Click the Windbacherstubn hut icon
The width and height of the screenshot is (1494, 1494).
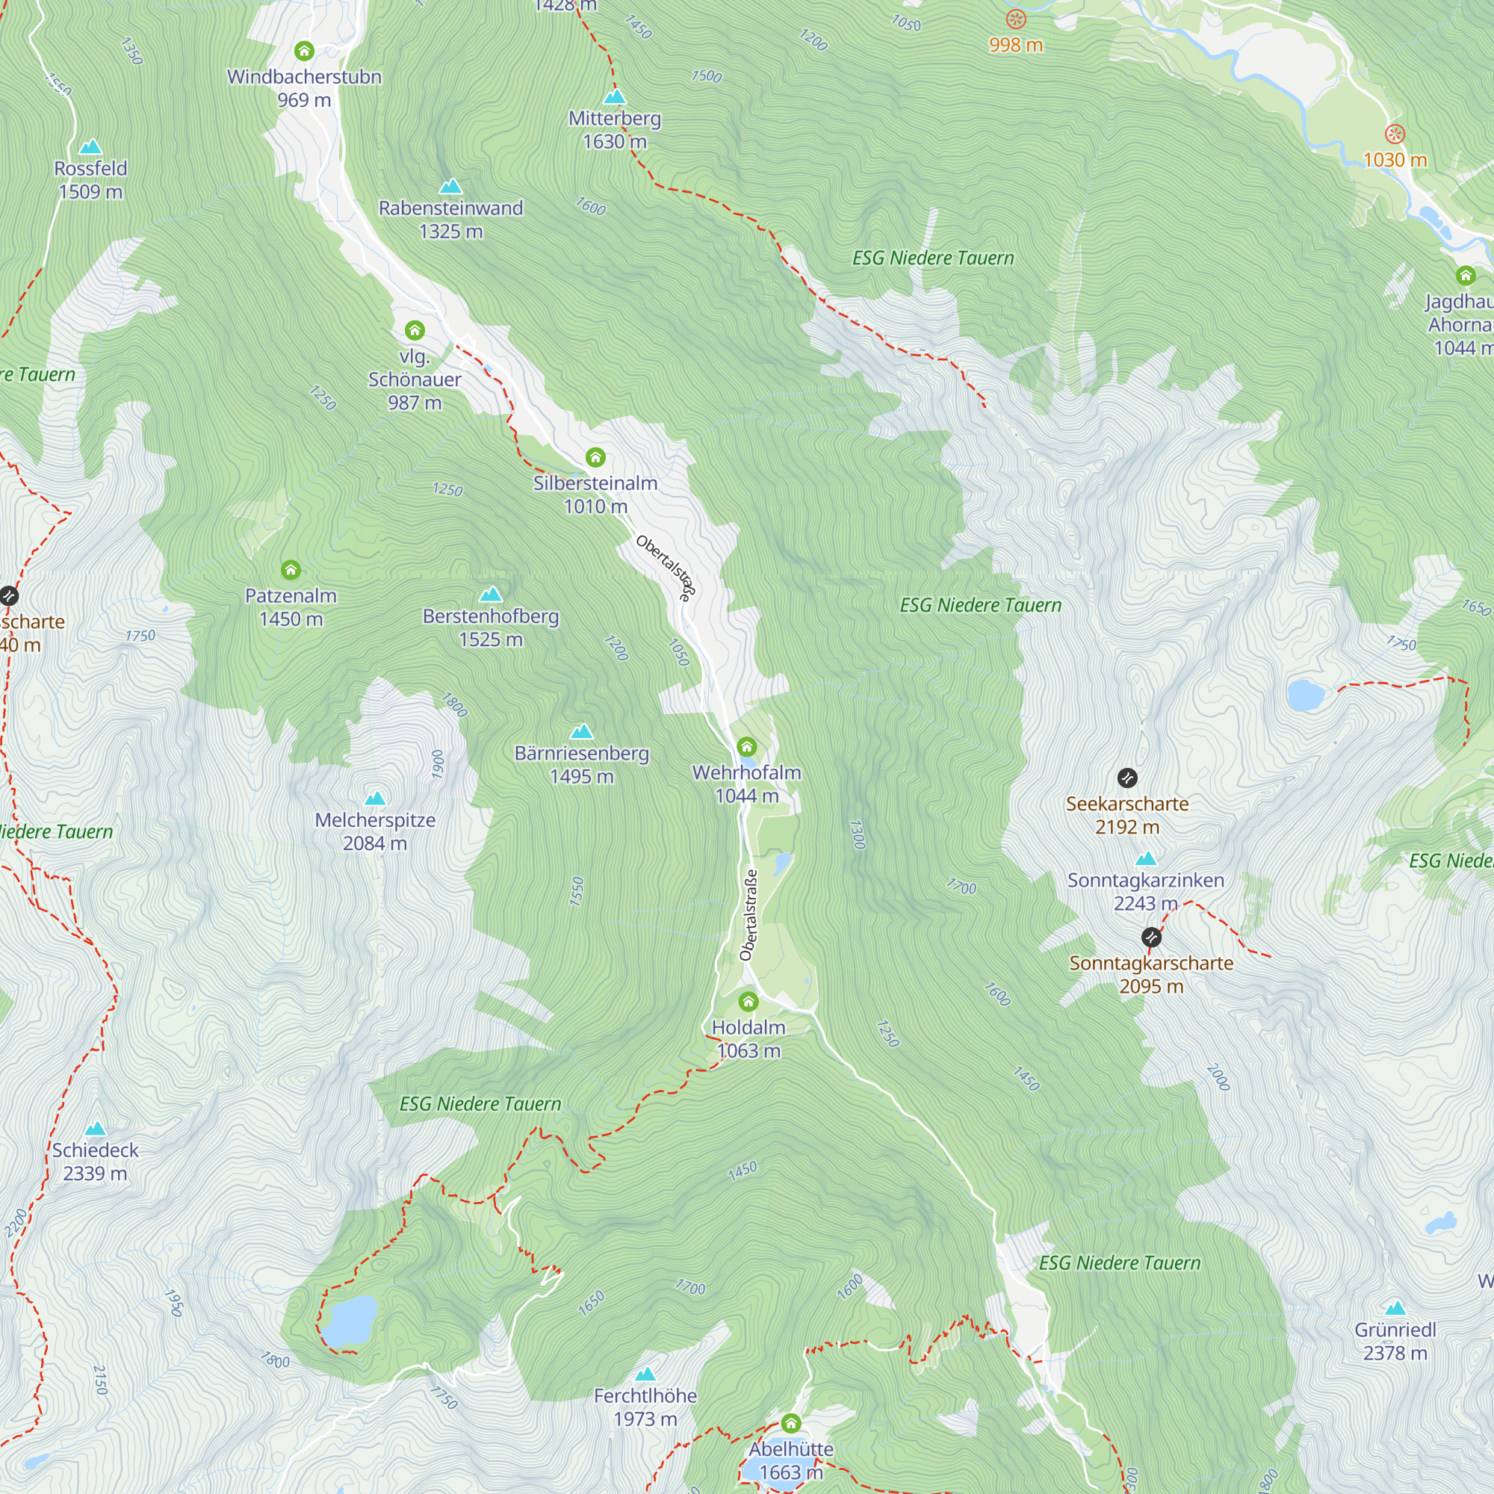pyautogui.click(x=304, y=51)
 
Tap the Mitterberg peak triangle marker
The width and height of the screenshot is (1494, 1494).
pyautogui.click(x=615, y=96)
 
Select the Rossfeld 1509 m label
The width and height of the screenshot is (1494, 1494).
pyautogui.click(x=90, y=179)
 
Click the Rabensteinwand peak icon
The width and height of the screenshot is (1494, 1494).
pyautogui.click(x=451, y=186)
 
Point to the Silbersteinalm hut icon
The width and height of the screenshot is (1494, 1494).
pyautogui.click(x=595, y=457)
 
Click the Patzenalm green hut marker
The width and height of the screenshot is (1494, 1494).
pyautogui.click(x=291, y=570)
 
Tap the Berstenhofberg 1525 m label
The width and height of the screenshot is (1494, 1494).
pyautogui.click(x=491, y=627)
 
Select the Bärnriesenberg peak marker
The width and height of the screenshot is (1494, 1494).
pyautogui.click(x=581, y=731)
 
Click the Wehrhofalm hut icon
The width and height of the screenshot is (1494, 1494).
pyautogui.click(x=746, y=746)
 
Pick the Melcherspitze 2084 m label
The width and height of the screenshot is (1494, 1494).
pyautogui.click(x=375, y=831)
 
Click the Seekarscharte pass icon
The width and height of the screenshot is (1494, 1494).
pyautogui.click(x=1127, y=777)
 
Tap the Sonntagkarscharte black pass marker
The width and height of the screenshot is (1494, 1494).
pyautogui.click(x=1151, y=937)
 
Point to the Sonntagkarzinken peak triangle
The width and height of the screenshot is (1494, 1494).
pyautogui.click(x=1146, y=858)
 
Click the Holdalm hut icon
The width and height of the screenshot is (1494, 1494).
pyautogui.click(x=748, y=1002)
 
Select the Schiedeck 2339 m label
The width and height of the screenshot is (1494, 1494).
pyautogui.click(x=95, y=1162)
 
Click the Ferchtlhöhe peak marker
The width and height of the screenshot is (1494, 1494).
pyautogui.click(x=645, y=1374)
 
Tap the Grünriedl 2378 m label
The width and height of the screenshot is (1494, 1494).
pyautogui.click(x=1396, y=1341)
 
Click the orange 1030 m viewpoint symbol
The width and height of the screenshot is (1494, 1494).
pyautogui.click(x=1394, y=134)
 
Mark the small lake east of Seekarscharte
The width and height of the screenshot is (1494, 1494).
pyautogui.click(x=1306, y=695)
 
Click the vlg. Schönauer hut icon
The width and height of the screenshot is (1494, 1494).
pyautogui.click(x=415, y=330)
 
